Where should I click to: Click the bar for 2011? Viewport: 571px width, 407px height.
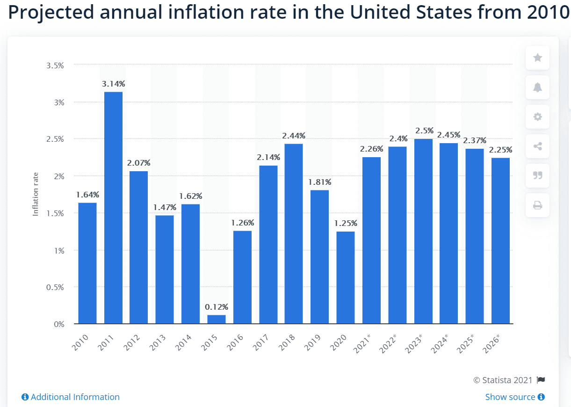(x=113, y=207)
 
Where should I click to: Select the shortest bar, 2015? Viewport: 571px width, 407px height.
(x=217, y=319)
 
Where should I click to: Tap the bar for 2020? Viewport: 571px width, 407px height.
(x=345, y=277)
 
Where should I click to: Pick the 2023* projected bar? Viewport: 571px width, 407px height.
(x=423, y=231)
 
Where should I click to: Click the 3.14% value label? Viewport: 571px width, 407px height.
(x=113, y=84)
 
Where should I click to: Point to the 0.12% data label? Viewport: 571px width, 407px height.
(x=217, y=307)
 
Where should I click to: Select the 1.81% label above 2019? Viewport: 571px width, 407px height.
(x=319, y=182)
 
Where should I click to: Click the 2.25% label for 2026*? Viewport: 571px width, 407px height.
(x=500, y=150)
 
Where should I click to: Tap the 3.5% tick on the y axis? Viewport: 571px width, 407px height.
(x=55, y=65)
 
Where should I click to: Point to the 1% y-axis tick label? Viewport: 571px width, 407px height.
(x=58, y=251)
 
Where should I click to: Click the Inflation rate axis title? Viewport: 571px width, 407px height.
(x=36, y=194)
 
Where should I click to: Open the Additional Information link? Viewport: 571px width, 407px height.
(x=71, y=397)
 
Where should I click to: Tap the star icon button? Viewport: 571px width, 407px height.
(x=537, y=58)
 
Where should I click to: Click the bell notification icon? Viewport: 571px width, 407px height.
(x=537, y=87)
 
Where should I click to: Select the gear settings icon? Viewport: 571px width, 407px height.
(x=537, y=116)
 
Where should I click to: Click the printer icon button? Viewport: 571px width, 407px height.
(x=537, y=205)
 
